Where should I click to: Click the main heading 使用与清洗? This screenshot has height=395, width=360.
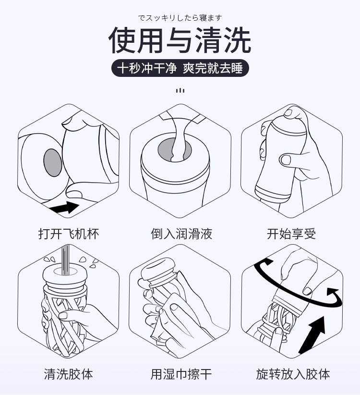(180, 40)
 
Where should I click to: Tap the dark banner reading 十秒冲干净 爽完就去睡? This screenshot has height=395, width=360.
(180, 68)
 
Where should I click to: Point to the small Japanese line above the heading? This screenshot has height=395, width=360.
(180, 18)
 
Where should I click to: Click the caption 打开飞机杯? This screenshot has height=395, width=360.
(69, 234)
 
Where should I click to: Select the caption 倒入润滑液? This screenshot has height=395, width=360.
(181, 234)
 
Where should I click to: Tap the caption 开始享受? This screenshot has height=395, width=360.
(291, 234)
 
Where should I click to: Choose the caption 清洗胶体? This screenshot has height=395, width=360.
(69, 374)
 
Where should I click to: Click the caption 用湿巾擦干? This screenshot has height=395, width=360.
(181, 374)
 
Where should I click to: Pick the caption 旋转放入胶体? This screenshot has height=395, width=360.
(293, 374)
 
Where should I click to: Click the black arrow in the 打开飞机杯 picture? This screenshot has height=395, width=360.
(65, 208)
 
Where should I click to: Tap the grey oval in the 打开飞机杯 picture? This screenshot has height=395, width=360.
(52, 162)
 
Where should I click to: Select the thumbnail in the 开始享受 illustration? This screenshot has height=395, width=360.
(285, 160)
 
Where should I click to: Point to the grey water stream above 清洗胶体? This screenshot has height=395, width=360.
(65, 259)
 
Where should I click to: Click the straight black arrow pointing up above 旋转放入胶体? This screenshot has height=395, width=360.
(312, 335)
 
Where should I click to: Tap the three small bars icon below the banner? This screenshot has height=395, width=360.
(180, 90)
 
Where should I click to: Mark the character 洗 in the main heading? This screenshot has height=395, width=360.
(237, 40)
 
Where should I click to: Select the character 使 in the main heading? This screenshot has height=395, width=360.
(122, 40)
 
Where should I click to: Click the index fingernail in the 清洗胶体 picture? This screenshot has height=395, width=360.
(63, 315)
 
